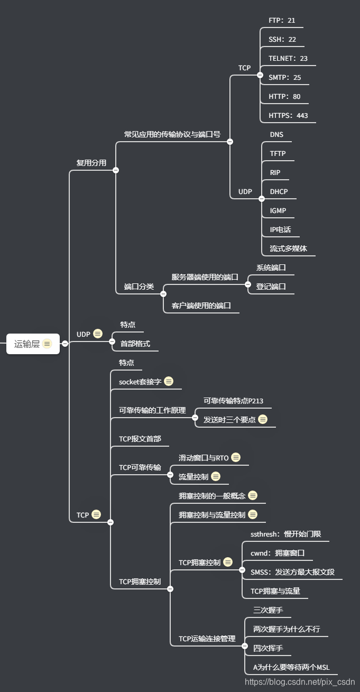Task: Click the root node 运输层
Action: pos(27,344)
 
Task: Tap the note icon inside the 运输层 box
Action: pos(47,344)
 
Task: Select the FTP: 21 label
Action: pos(282,21)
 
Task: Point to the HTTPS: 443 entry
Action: pos(288,116)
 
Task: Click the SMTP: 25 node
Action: pos(284,78)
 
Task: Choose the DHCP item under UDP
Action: pos(279,191)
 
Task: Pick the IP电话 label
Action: pos(280,229)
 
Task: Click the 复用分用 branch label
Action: pos(91,163)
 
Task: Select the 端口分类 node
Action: pos(139,287)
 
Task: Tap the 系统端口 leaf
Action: pos(271,267)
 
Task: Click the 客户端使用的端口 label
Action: pos(201,306)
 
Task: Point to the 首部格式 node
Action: pos(135,344)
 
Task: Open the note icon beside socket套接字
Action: pos(169,381)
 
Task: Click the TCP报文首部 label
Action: pos(140,439)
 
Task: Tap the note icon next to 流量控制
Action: pos(216,477)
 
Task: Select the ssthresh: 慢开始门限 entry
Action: pos(285,534)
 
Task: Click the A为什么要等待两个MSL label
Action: pos(291,667)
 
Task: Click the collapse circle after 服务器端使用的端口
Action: pos(248,284)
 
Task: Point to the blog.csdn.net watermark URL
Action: pos(300,682)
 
